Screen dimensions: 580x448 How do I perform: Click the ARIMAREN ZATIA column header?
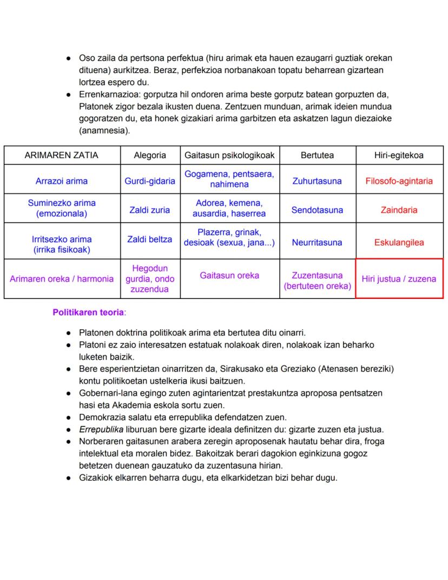pyautogui.click(x=61, y=155)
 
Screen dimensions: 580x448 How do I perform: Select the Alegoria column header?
pyautogui.click(x=150, y=155)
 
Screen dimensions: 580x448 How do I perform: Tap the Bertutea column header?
pyautogui.click(x=317, y=155)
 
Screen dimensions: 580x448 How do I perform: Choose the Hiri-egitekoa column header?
pyautogui.click(x=399, y=155)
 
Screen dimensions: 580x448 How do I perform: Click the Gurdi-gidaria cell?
pyautogui.click(x=150, y=181)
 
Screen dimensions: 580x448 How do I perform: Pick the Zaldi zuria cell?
pyautogui.click(x=149, y=210)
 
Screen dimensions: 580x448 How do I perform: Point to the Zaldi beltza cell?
pyautogui.click(x=150, y=239)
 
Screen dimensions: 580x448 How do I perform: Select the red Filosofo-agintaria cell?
pyautogui.click(x=399, y=181)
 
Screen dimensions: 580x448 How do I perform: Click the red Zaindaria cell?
pyautogui.click(x=399, y=210)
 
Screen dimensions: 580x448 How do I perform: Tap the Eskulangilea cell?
pyautogui.click(x=399, y=243)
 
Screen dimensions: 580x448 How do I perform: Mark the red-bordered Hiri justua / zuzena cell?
pyautogui.click(x=399, y=279)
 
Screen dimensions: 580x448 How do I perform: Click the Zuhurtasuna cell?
pyautogui.click(x=317, y=181)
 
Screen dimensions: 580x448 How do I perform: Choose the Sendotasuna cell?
pyautogui.click(x=317, y=210)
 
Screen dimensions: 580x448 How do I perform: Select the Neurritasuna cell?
pyautogui.click(x=317, y=243)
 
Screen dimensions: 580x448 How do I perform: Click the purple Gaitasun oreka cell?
pyautogui.click(x=229, y=276)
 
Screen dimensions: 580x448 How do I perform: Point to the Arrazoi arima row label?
pyautogui.click(x=61, y=181)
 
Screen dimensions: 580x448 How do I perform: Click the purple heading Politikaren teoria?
pyautogui.click(x=88, y=312)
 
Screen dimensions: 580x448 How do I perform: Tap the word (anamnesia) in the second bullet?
pyautogui.click(x=104, y=131)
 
